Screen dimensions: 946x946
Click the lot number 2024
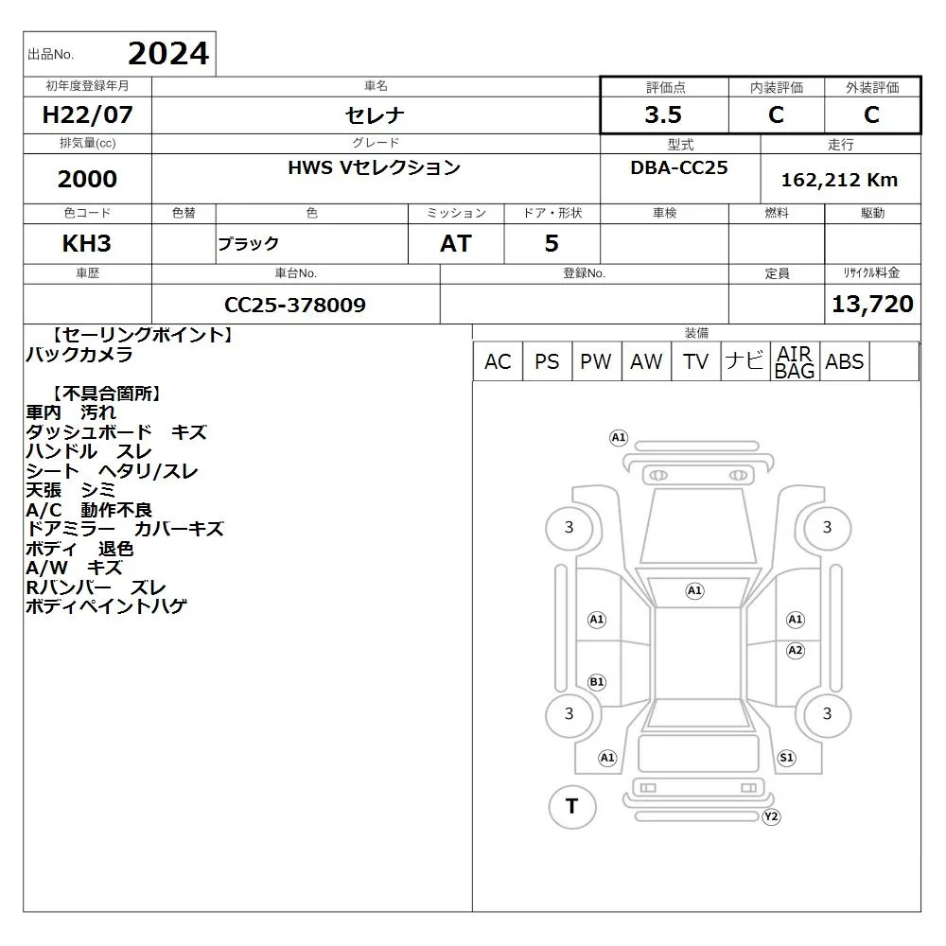(x=168, y=54)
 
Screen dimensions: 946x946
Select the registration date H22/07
(x=87, y=114)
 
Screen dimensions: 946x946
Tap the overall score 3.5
(x=663, y=114)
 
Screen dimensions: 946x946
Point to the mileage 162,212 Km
(x=839, y=180)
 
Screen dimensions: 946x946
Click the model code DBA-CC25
(x=679, y=167)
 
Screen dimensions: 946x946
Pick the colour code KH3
(x=87, y=244)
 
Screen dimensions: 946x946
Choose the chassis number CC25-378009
(x=295, y=305)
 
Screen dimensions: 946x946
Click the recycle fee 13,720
(x=872, y=304)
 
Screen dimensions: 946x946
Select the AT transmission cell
(x=456, y=244)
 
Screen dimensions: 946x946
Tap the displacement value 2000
(x=87, y=179)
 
